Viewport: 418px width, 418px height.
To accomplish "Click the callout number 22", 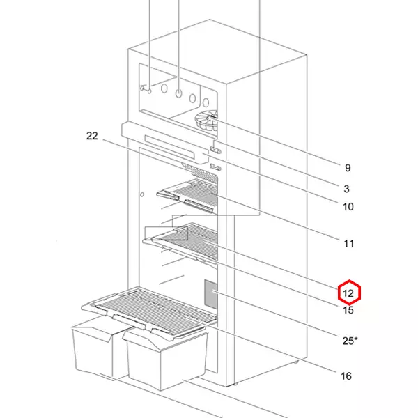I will coord(92,136).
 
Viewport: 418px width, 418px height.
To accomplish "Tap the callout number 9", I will coord(347,168).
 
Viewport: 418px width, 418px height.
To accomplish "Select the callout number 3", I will coord(346,189).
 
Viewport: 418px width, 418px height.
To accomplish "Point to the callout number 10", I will coord(348,206).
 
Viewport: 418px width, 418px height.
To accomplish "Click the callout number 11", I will coord(348,243).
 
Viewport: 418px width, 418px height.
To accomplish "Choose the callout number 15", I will coord(348,311).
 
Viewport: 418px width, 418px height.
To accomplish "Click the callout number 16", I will coord(346,376).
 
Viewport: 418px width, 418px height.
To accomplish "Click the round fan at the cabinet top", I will coord(207,122).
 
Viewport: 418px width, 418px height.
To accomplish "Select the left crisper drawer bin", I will coord(94,348).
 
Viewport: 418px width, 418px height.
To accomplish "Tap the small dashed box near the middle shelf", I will coord(165,233).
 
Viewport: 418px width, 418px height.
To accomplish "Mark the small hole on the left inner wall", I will coord(141,196).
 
